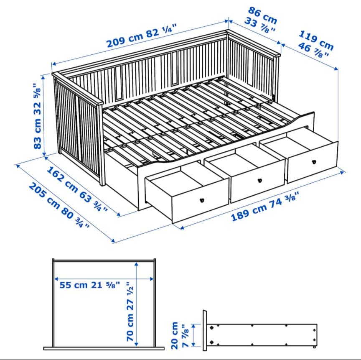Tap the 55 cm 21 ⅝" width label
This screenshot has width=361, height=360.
point(90,285)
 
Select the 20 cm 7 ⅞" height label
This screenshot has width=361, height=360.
point(180,335)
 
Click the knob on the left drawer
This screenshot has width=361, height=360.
point(203,200)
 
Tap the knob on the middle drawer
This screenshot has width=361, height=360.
point(259,180)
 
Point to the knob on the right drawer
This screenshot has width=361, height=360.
point(313,161)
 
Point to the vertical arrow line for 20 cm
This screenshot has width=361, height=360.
point(193,334)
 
